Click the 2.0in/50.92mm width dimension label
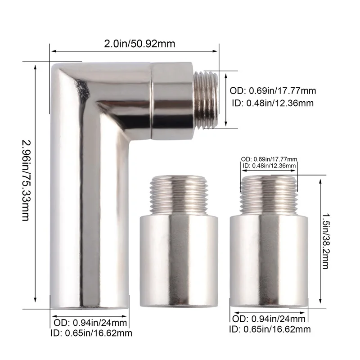pyautogui.click(x=139, y=44)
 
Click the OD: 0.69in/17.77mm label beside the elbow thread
pyautogui.click(x=273, y=90)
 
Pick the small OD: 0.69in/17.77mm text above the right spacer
pyautogui.click(x=269, y=159)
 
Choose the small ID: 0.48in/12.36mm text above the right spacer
pyautogui.click(x=269, y=166)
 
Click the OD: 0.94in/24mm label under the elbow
pyautogui.click(x=91, y=322)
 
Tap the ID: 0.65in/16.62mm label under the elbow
pyautogui.click(x=92, y=333)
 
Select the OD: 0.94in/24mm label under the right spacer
pyautogui.click(x=269, y=319)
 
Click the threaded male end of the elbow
pyautogui.click(x=207, y=100)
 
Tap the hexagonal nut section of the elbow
pyautogui.click(x=173, y=100)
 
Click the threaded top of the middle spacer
pyautogui.click(x=179, y=193)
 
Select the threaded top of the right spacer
pyautogui.click(x=269, y=193)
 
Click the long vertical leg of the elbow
pyautogui.click(x=90, y=225)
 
